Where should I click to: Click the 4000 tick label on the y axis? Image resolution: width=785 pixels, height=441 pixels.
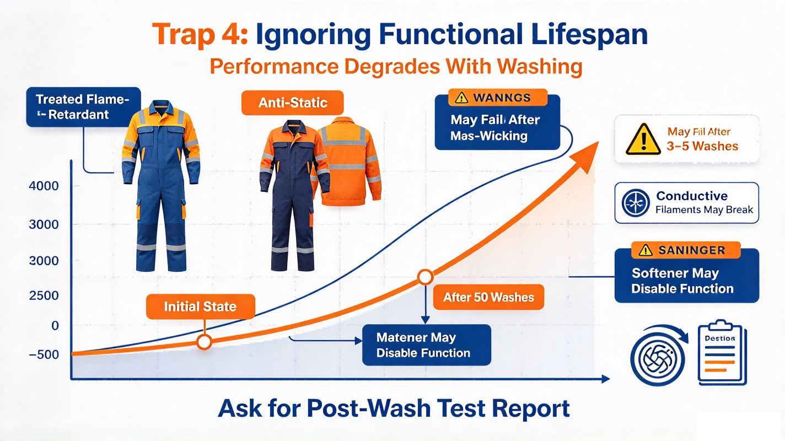44,186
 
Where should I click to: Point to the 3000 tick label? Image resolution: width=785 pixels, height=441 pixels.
44,224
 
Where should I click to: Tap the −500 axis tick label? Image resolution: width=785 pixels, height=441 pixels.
44,354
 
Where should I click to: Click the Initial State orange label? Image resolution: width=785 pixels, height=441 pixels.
201,306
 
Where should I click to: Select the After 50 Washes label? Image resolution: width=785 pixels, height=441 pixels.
488,297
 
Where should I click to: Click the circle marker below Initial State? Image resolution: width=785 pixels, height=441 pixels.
204,341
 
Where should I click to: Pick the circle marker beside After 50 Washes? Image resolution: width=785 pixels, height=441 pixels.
426,277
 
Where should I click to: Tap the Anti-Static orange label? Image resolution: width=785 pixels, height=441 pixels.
293,103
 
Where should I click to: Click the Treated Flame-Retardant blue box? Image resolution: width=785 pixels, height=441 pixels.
83,107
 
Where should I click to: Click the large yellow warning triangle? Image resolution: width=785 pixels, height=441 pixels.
643,139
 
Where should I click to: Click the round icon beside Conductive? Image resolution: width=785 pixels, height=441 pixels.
636,203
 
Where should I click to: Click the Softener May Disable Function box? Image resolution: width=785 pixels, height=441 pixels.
687,276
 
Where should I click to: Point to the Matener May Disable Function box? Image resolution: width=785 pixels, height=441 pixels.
427,345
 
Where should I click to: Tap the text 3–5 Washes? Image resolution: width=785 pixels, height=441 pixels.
702,146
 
